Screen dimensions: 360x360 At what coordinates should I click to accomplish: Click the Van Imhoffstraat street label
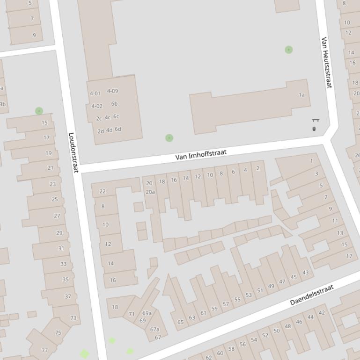(201, 155)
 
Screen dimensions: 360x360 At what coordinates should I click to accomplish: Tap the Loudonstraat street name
(73, 152)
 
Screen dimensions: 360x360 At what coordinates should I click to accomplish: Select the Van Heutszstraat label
(326, 63)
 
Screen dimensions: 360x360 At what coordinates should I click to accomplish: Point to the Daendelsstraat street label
(311, 295)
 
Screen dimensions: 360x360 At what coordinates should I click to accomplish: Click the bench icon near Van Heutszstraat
(315, 121)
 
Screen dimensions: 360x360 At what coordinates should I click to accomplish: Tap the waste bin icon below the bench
(314, 129)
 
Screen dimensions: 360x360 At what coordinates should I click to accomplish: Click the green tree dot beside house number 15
(39, 111)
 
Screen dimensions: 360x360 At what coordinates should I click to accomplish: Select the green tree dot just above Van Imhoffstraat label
(169, 138)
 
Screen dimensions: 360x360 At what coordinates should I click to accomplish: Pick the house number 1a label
(301, 95)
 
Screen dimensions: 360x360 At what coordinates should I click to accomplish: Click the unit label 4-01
(95, 94)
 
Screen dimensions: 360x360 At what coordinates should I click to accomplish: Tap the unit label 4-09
(112, 91)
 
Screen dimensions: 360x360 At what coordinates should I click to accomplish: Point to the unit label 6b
(114, 104)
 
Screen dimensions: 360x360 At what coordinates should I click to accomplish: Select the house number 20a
(150, 192)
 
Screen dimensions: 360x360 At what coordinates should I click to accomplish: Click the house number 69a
(147, 313)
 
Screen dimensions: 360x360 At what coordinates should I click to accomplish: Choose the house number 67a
(154, 329)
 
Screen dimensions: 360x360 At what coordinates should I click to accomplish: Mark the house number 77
(45, 350)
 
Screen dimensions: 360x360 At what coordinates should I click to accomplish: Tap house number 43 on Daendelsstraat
(306, 273)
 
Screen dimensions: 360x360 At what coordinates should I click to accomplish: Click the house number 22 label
(103, 191)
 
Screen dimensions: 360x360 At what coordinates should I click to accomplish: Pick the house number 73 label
(73, 318)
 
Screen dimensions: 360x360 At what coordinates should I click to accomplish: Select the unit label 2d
(101, 131)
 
